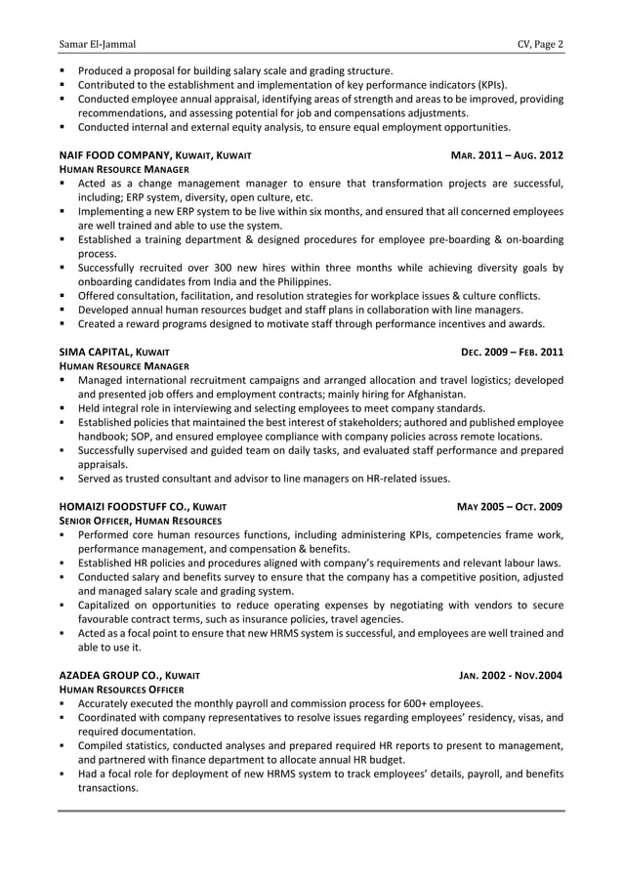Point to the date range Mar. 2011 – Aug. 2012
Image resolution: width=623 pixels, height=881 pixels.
[507, 155]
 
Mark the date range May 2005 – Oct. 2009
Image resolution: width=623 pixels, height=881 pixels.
[511, 507]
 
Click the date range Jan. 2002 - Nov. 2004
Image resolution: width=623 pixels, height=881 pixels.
[511, 676]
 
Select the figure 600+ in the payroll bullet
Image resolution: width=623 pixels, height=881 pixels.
[373, 703]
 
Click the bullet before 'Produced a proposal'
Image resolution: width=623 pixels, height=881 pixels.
[62, 71]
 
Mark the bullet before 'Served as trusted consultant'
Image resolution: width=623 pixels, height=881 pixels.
[62, 479]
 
